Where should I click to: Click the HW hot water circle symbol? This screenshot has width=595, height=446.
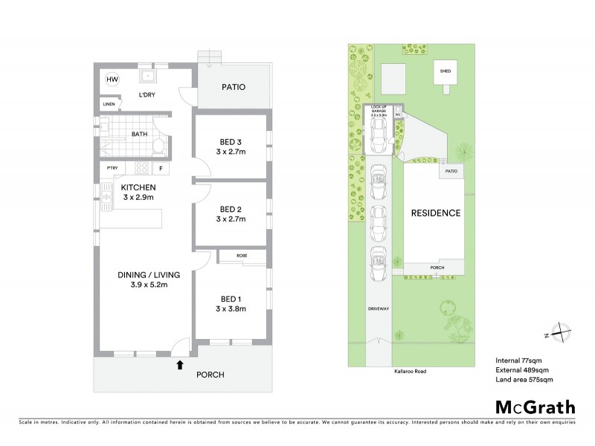pyautogui.click(x=112, y=79)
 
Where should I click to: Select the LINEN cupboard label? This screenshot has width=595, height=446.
pyautogui.click(x=109, y=104)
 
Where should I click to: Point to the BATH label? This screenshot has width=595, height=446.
pyautogui.click(x=140, y=135)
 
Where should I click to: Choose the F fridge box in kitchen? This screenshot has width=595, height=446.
pyautogui.click(x=161, y=169)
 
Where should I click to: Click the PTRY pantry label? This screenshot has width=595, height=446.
pyautogui.click(x=112, y=169)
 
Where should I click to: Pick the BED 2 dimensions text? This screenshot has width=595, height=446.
pyautogui.click(x=231, y=220)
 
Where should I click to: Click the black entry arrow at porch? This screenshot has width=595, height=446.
pyautogui.click(x=179, y=364)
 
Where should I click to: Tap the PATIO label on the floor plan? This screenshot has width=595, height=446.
pyautogui.click(x=234, y=87)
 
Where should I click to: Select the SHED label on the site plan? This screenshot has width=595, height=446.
pyautogui.click(x=446, y=71)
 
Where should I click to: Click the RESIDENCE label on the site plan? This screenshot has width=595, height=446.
pyautogui.click(x=436, y=213)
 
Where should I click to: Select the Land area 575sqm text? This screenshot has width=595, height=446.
pyautogui.click(x=524, y=380)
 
